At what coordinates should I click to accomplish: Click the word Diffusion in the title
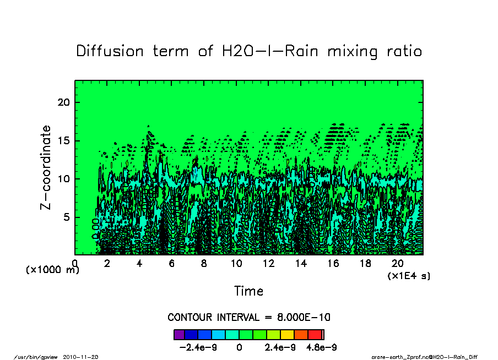coord(108,51)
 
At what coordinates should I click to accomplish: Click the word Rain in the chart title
coord(302,51)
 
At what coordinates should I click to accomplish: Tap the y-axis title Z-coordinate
coord(46,167)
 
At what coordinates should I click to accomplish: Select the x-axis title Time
coord(248,291)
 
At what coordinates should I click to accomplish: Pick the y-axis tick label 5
coord(67,217)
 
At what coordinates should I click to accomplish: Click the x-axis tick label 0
coord(75,263)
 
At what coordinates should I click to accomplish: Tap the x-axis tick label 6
coord(172,263)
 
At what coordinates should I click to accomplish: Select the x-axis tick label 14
coord(301,263)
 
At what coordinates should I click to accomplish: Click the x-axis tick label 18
coord(365,263)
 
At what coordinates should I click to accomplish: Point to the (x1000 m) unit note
coord(52,270)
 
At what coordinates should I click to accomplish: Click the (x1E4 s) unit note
coord(409,275)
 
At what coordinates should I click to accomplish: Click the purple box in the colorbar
coord(178,334)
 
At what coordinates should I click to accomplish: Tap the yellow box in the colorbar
coord(287,334)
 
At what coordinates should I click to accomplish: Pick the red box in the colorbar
coord(315,334)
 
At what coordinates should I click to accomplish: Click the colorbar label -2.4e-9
coord(196,347)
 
